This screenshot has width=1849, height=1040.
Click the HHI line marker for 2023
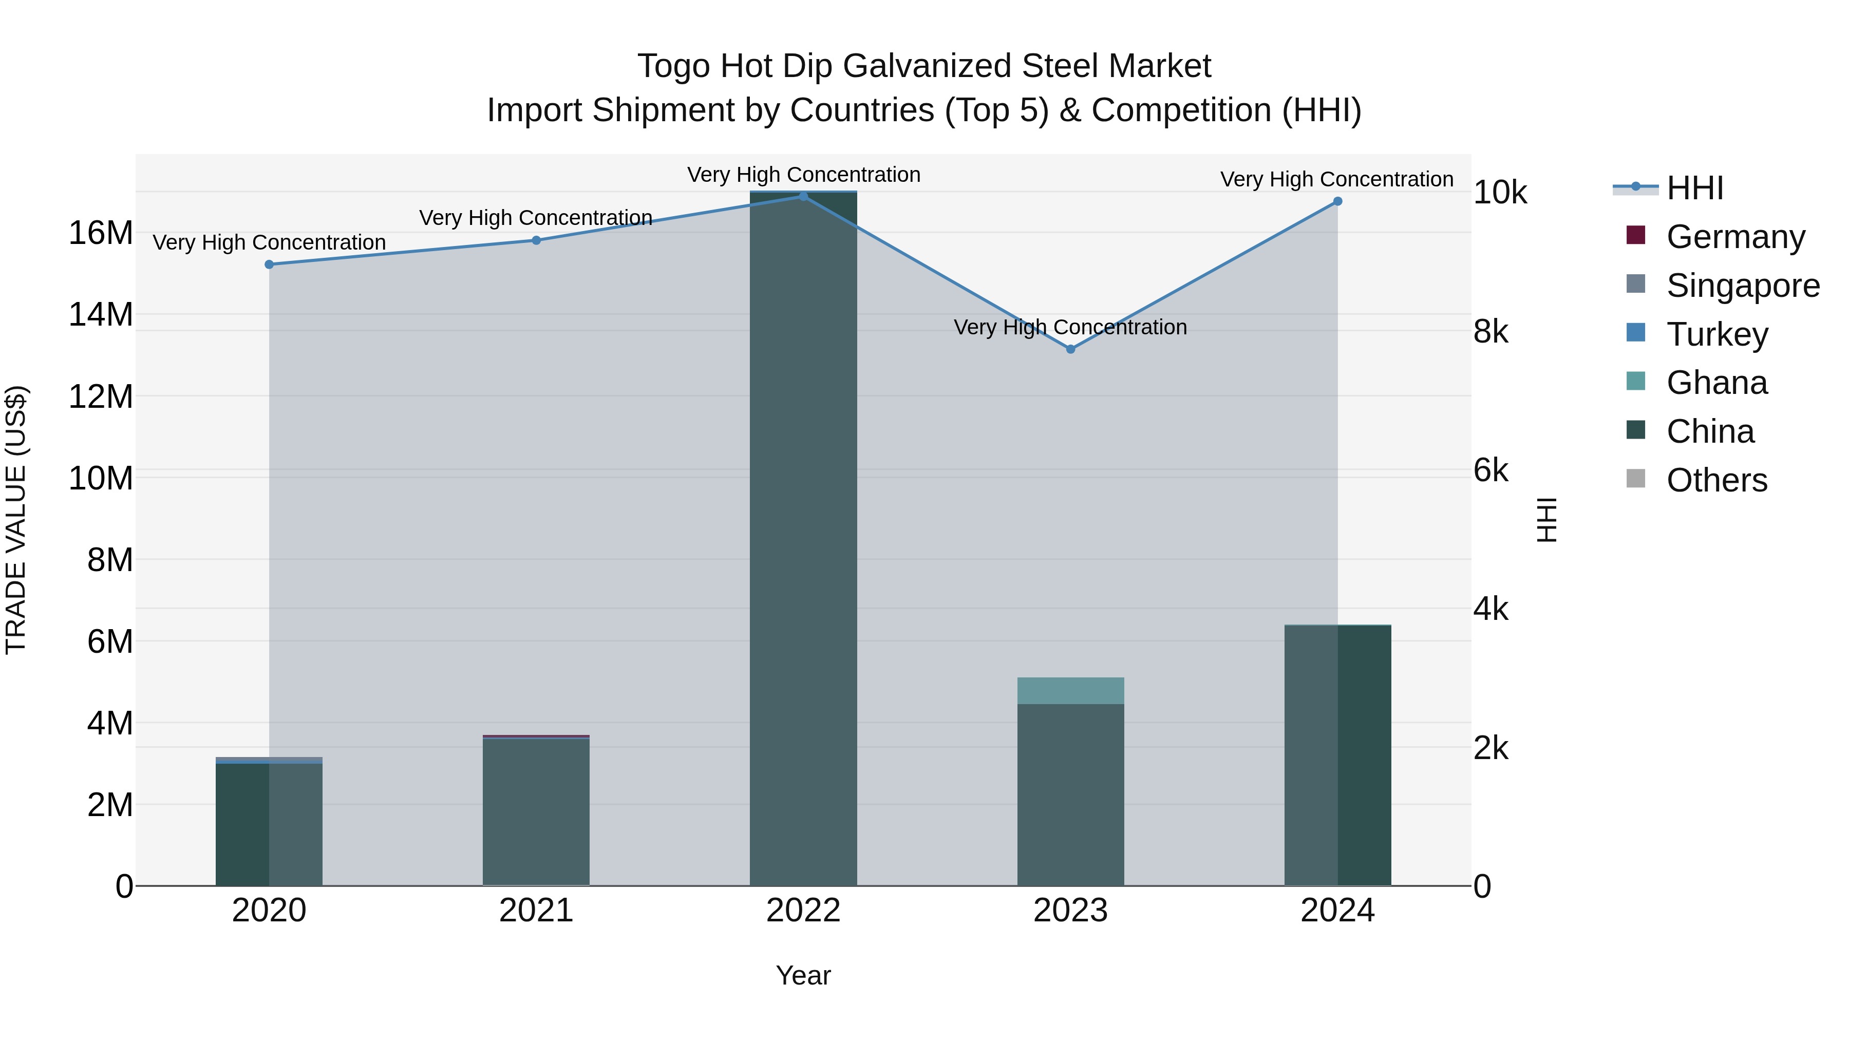click(1070, 349)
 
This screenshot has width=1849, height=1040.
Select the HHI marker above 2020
click(269, 264)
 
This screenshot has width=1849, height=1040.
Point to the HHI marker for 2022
click(803, 196)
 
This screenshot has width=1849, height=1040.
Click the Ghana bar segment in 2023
click(1070, 690)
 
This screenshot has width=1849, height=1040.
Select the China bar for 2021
click(536, 811)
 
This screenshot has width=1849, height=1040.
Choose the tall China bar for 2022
click(803, 538)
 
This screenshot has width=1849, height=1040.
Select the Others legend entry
click(1716, 480)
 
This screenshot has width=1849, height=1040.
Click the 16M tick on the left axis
click(101, 233)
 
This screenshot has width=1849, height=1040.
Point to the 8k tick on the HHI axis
click(1491, 332)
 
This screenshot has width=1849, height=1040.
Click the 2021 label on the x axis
click(536, 911)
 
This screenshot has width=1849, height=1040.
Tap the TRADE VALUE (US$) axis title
click(16, 520)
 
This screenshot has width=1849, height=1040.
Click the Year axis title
click(803, 975)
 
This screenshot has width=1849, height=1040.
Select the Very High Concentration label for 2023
click(1070, 327)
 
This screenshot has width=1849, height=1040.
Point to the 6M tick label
click(110, 641)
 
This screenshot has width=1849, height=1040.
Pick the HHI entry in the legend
click(1694, 188)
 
